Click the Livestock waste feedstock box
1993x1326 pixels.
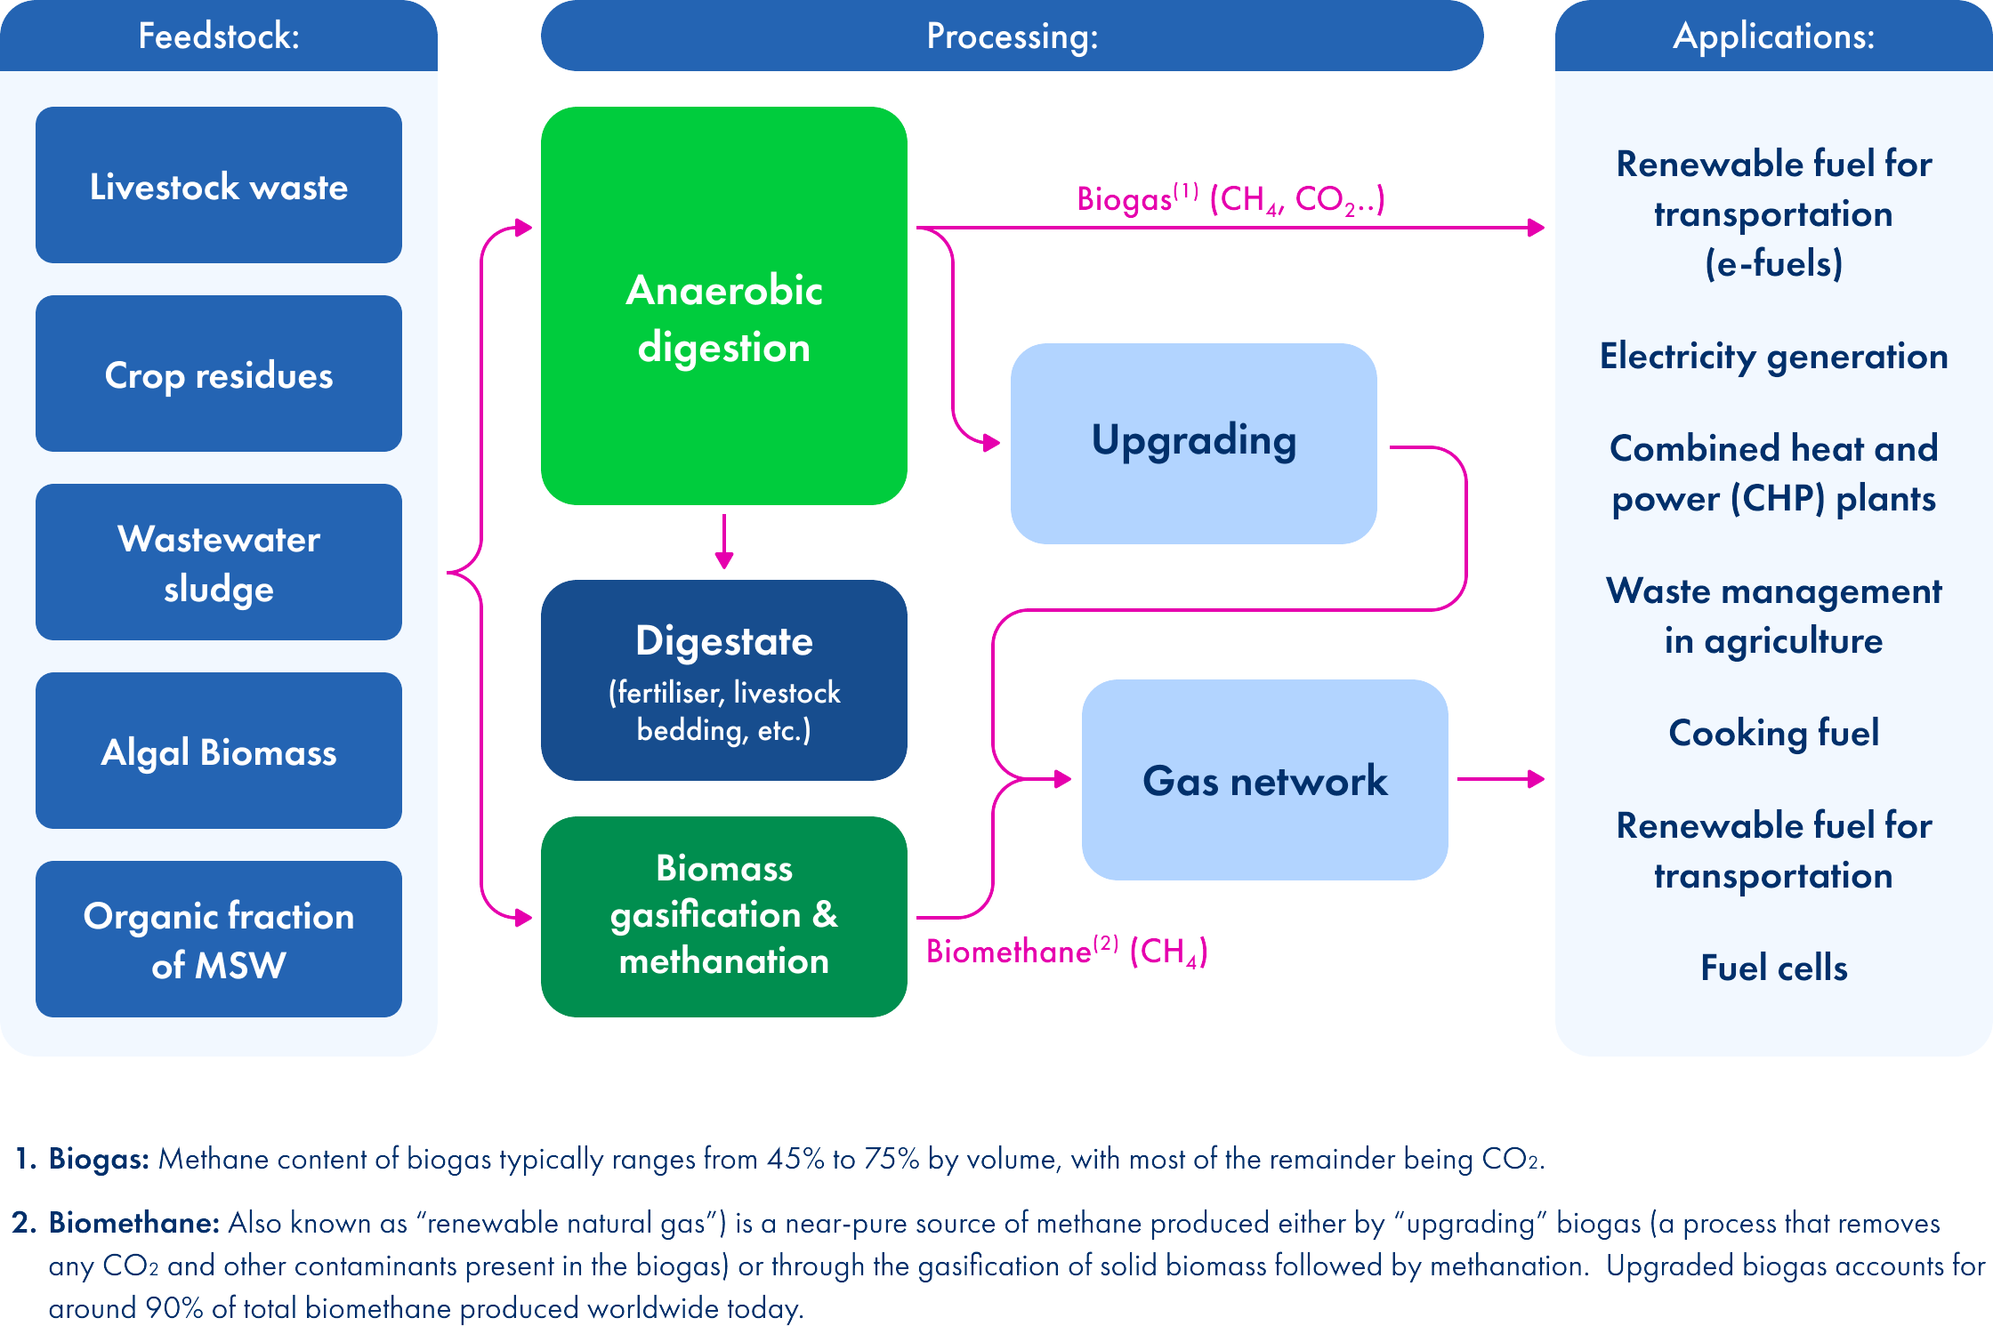click(218, 185)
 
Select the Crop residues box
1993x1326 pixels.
click(218, 374)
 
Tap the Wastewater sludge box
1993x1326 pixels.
click(218, 562)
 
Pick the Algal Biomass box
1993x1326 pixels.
click(218, 751)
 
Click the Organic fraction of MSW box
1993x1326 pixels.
click(218, 939)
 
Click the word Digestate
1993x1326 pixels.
click(723, 641)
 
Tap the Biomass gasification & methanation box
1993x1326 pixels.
click(723, 916)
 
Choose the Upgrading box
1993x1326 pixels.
click(1193, 443)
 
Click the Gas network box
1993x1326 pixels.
click(1264, 780)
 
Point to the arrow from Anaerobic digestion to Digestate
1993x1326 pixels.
click(724, 541)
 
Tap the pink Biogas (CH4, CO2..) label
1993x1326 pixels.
click(1230, 199)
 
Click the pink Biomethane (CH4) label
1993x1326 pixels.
click(1066, 952)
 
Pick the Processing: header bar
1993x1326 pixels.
click(1012, 36)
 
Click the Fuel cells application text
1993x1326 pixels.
click(1773, 968)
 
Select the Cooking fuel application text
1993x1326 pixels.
click(1773, 733)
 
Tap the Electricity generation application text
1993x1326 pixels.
click(1773, 357)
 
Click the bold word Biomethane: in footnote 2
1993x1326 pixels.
click(133, 1223)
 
